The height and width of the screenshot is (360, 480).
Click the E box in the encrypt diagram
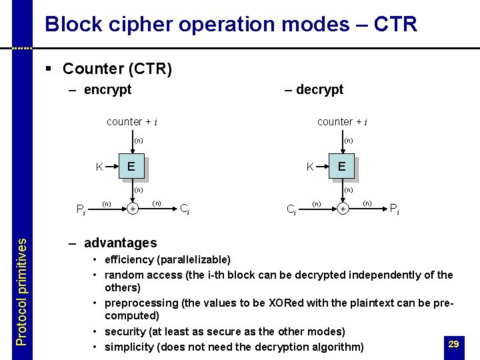point(131,167)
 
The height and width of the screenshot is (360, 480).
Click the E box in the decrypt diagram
point(341,167)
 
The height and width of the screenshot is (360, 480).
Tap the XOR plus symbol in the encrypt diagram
point(133,209)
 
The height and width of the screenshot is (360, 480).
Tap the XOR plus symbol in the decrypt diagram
point(343,209)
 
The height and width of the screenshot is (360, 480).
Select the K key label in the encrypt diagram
point(99,167)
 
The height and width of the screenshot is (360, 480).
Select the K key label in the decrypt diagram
point(310,167)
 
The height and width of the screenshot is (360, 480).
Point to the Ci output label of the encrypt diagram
point(185,208)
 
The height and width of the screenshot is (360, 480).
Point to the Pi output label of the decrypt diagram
point(395,208)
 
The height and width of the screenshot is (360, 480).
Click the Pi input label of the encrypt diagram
point(80,211)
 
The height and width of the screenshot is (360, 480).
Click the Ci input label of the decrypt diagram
point(291,211)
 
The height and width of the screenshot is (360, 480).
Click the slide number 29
point(453,344)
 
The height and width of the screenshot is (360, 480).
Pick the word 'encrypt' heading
point(107,89)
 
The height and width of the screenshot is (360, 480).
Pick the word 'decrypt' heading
point(319,89)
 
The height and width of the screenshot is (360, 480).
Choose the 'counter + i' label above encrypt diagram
point(132,122)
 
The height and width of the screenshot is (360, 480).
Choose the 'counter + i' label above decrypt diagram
point(342,122)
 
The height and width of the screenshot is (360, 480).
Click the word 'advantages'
point(120,243)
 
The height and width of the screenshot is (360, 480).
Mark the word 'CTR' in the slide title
point(395,25)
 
